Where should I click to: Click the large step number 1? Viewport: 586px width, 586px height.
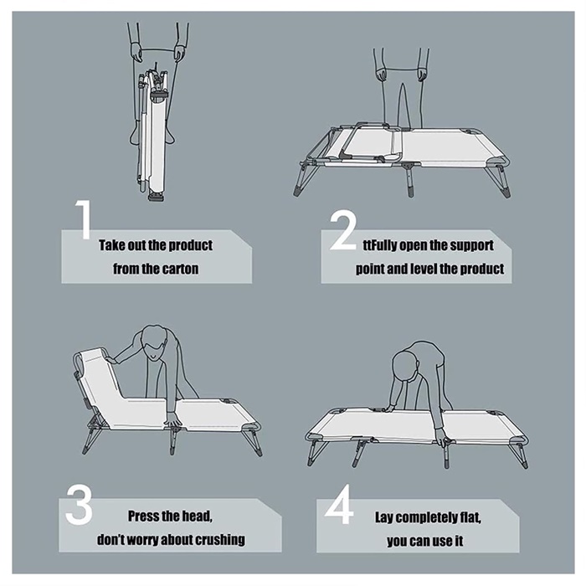point(85,219)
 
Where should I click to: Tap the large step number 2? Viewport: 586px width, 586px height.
point(342,230)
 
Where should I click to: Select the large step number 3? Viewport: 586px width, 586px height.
point(79,505)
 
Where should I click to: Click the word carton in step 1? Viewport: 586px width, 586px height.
point(180,269)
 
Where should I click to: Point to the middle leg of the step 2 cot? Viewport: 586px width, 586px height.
point(409,179)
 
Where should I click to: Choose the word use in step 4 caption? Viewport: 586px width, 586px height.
point(444,541)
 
